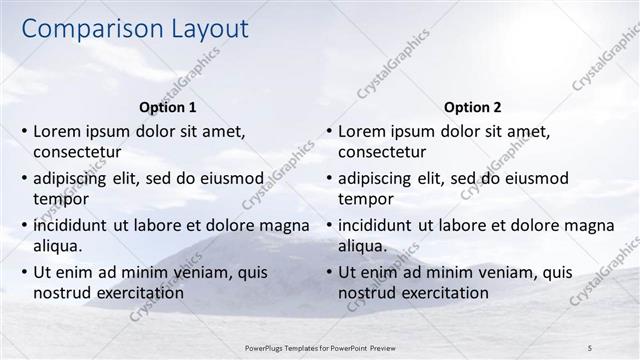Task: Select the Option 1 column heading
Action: (x=167, y=107)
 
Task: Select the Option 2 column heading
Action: (x=472, y=107)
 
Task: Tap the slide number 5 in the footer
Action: (x=590, y=346)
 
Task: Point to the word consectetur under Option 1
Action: (x=77, y=153)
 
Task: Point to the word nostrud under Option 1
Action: (x=62, y=293)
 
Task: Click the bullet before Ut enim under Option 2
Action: (x=329, y=272)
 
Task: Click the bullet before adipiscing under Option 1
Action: (x=24, y=178)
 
